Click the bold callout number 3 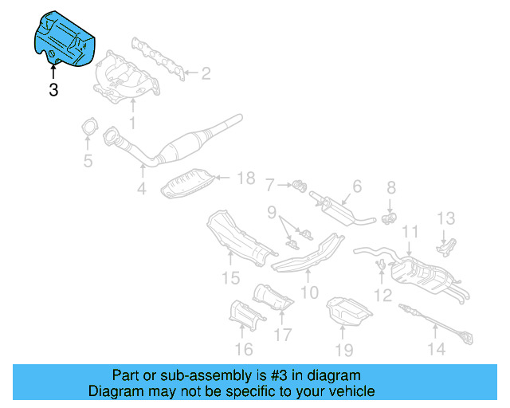53,90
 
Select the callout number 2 206,74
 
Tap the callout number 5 88,163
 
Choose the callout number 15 230,277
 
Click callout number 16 244,348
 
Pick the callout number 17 283,335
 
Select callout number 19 343,348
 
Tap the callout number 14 435,348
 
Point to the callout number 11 410,232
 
